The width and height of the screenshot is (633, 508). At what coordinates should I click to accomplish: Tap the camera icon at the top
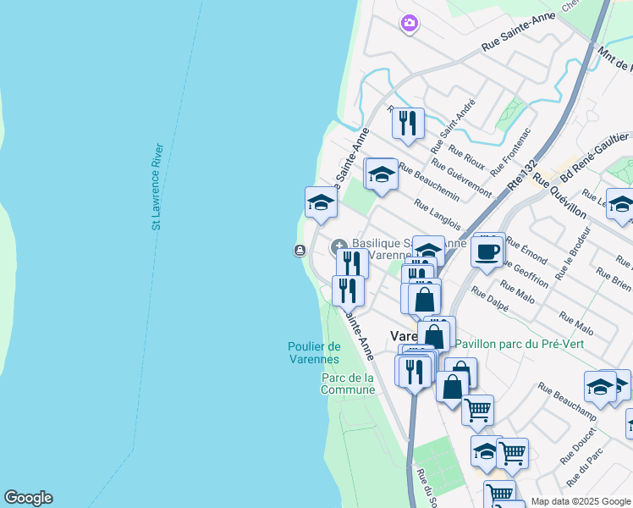coord(410,23)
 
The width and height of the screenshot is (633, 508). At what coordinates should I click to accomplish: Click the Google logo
coord(28,498)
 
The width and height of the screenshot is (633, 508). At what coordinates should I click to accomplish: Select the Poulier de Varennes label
coord(314,352)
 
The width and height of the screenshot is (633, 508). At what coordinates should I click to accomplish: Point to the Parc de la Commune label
coord(347,384)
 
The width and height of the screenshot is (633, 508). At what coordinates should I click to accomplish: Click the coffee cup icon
coord(488,251)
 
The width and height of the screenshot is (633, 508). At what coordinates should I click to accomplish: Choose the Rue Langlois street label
coord(438,214)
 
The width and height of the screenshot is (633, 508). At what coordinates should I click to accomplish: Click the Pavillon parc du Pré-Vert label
coord(520,344)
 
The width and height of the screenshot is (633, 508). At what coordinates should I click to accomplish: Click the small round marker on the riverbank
coord(300,250)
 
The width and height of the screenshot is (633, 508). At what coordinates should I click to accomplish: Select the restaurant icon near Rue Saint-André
coord(408,123)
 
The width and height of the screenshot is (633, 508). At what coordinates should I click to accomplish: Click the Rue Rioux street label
coord(466,158)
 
